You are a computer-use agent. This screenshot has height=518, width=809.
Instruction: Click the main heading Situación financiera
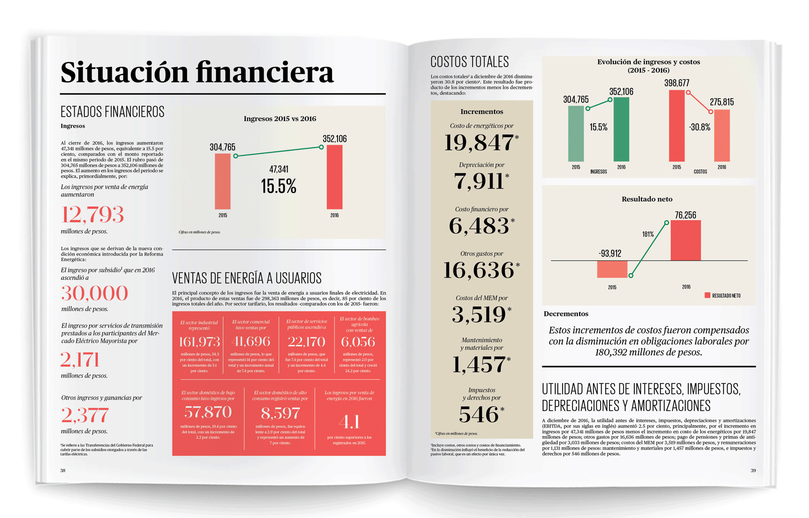[197, 72]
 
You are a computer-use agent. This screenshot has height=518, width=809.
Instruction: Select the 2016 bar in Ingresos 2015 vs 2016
[335, 177]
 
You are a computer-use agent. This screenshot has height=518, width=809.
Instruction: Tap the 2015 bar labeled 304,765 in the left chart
[223, 181]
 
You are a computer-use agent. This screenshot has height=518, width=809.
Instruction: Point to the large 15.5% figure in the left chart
[278, 186]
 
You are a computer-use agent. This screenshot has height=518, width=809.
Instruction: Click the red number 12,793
[92, 215]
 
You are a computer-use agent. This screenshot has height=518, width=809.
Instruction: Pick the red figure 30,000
[94, 293]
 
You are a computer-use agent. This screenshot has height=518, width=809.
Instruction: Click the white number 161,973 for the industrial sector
[199, 342]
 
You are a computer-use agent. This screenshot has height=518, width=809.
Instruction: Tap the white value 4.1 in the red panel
[349, 422]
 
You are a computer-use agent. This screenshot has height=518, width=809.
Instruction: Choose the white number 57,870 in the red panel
[208, 412]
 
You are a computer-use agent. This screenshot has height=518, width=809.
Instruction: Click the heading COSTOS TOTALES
[469, 62]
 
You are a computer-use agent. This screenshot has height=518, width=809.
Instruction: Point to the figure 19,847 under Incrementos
[479, 143]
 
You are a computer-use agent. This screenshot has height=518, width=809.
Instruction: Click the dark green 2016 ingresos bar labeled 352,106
[621, 129]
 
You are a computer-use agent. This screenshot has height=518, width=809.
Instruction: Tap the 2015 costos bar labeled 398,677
[677, 126]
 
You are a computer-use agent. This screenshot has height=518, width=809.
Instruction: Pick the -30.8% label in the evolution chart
[700, 127]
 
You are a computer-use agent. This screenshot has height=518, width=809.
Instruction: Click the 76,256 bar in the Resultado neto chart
[685, 240]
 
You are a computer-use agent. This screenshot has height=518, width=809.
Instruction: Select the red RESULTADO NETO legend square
[707, 295]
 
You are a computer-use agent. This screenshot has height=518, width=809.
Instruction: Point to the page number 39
[753, 470]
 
